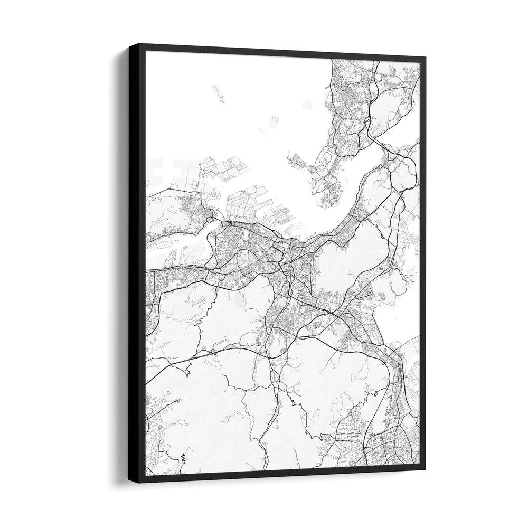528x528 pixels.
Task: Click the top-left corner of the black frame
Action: click(129, 44)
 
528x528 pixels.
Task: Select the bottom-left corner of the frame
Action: click(129, 482)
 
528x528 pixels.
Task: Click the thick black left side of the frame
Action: click(137, 264)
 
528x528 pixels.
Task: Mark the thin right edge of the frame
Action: click(423, 264)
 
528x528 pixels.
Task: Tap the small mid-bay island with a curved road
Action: click(274, 122)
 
